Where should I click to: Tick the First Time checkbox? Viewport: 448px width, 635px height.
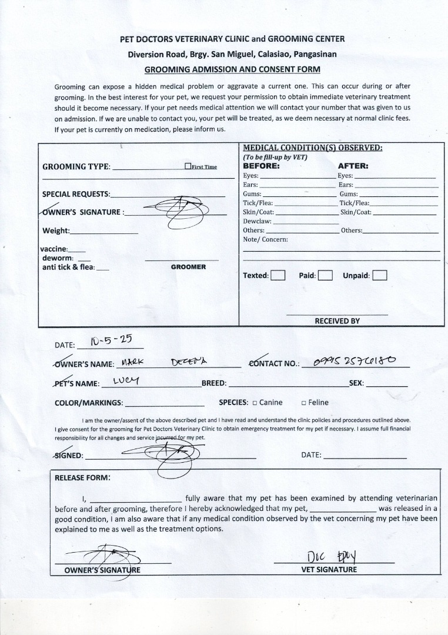click(x=188, y=166)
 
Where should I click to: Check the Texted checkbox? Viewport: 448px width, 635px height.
click(x=278, y=275)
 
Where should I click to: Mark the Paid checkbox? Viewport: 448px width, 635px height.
click(x=326, y=275)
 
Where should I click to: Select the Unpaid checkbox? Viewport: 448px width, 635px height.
click(x=379, y=275)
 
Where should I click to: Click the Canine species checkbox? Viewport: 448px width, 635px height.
click(x=255, y=403)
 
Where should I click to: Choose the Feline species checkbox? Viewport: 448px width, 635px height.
click(x=303, y=403)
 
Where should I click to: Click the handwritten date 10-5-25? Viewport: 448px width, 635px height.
click(x=111, y=341)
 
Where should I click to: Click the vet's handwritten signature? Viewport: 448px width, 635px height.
click(x=333, y=556)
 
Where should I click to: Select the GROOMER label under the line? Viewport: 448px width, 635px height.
click(x=188, y=267)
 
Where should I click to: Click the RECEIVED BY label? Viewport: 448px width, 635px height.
click(x=337, y=321)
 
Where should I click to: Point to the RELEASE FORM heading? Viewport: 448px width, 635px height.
click(x=82, y=477)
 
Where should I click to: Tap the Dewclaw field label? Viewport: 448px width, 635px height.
click(x=257, y=221)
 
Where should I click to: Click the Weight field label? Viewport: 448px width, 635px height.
click(x=56, y=230)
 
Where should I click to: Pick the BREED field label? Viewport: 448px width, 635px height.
click(x=214, y=383)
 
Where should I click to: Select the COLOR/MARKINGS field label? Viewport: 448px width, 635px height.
click(x=89, y=403)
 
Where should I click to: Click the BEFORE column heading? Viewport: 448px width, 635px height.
click(x=262, y=166)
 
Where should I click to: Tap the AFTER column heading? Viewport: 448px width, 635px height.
click(x=353, y=166)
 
